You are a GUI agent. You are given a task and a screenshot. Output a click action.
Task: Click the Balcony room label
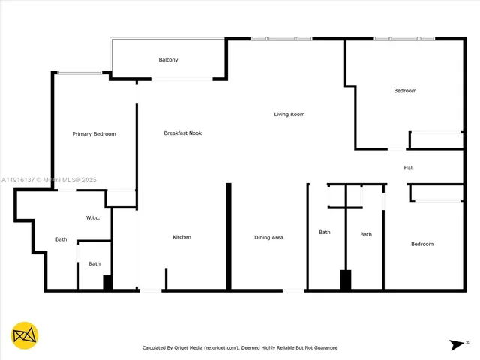click(168, 60)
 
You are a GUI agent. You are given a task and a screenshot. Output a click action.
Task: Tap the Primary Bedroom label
click(94, 134)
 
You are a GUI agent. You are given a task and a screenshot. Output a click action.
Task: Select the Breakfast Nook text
click(183, 133)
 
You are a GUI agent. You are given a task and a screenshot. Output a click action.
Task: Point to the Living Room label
click(289, 115)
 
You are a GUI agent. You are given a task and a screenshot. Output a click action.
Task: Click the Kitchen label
click(182, 237)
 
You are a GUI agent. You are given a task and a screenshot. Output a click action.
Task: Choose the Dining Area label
click(268, 238)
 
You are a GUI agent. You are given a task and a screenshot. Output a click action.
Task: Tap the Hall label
click(409, 168)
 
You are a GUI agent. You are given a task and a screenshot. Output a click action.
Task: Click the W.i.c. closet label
click(93, 218)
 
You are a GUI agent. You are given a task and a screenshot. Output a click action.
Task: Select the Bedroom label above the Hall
click(405, 91)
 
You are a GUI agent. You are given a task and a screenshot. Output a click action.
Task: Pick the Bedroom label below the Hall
click(421, 244)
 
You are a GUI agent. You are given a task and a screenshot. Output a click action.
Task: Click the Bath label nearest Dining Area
click(325, 232)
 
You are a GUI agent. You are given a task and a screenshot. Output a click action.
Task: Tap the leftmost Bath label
click(61, 240)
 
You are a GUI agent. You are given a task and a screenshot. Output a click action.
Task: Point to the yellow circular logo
click(25, 335)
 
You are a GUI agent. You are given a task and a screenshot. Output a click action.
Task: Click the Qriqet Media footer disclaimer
click(240, 348)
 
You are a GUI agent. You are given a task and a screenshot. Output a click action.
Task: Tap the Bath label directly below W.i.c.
click(94, 263)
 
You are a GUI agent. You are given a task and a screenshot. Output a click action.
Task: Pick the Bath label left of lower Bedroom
click(366, 235)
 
